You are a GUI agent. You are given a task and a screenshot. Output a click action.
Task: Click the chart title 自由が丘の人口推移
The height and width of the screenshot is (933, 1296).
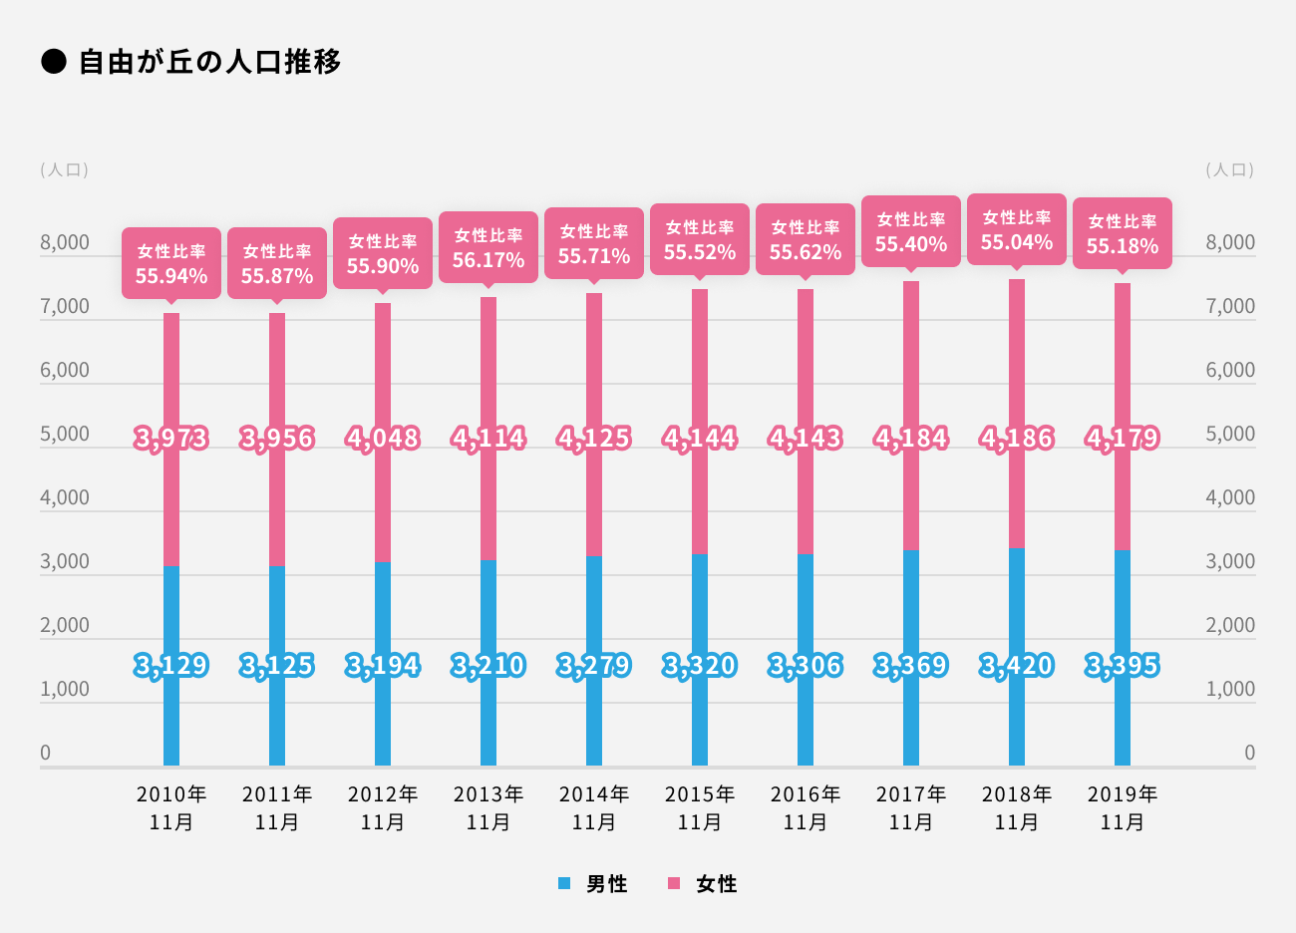pos(209,62)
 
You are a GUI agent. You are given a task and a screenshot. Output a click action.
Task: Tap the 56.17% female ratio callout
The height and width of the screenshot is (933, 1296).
pos(488,248)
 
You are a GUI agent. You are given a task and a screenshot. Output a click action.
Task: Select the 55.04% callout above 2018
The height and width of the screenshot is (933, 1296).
pos(1017,230)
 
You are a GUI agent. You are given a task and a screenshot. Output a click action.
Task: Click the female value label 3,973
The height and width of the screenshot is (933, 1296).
pos(171,439)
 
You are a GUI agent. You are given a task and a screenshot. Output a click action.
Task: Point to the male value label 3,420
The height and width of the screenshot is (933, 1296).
pos(1017,665)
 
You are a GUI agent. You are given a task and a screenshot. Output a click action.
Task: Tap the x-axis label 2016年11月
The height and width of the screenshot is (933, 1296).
pos(806,807)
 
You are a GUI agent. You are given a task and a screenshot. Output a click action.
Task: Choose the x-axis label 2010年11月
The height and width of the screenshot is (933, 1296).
pos(171,807)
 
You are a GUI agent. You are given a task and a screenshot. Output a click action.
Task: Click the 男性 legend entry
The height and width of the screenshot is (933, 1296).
pos(595,883)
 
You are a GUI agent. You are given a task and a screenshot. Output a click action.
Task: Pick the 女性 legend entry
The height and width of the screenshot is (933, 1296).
pos(705,883)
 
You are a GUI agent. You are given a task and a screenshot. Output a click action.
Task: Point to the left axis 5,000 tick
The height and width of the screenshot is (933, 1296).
pos(65,434)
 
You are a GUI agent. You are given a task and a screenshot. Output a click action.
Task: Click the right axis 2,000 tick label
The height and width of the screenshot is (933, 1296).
pos(1230,625)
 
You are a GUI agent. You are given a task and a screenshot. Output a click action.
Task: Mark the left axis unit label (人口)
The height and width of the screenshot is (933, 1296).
pos(65,169)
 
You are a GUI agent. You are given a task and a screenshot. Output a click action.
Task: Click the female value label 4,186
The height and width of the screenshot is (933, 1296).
pos(1017,439)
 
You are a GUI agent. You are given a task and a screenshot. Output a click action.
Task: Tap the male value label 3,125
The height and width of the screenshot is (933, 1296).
pos(277,665)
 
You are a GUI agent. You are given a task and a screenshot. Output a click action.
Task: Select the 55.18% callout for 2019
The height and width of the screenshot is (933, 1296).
pos(1123,234)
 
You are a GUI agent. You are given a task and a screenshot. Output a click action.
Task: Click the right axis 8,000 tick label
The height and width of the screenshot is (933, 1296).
pos(1230,242)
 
